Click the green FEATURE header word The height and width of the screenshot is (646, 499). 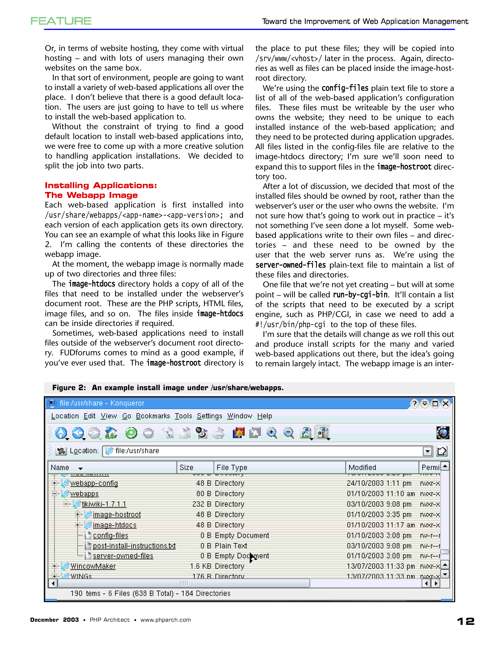(x=61, y=21)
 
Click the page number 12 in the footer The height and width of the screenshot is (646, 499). (x=466, y=621)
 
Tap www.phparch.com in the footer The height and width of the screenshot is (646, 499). (x=166, y=620)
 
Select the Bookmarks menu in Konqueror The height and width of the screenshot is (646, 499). (x=153, y=416)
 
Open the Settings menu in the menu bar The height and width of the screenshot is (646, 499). (x=209, y=416)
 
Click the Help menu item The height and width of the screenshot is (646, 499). (x=265, y=416)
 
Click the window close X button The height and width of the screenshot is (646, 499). (x=446, y=403)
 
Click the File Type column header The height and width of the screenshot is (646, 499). (x=232, y=467)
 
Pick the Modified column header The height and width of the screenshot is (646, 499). (x=362, y=467)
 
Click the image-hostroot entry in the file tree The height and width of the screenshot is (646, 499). (x=117, y=515)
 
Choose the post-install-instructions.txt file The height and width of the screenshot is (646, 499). (x=134, y=546)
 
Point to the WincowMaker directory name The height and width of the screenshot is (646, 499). (x=93, y=566)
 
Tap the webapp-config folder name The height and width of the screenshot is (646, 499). (x=94, y=483)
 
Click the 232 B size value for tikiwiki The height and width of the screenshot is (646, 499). (x=202, y=504)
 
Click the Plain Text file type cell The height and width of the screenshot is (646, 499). (x=231, y=546)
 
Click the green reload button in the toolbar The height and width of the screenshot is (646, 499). (x=131, y=433)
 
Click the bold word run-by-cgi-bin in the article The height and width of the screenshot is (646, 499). (x=360, y=295)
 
